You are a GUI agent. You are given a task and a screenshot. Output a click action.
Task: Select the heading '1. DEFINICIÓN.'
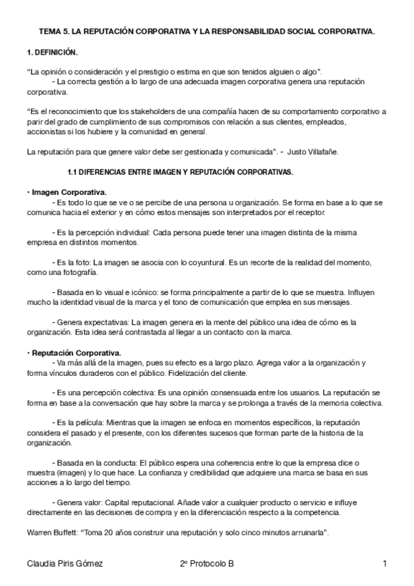pyautogui.click(x=53, y=52)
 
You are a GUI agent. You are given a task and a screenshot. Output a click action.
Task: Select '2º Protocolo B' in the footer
pyautogui.click(x=206, y=565)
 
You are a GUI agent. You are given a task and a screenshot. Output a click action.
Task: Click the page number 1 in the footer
pyautogui.click(x=384, y=565)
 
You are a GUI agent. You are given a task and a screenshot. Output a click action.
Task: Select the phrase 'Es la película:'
pyautogui.click(x=78, y=422)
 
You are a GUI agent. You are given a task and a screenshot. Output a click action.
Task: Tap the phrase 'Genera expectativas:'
pyautogui.click(x=91, y=323)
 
